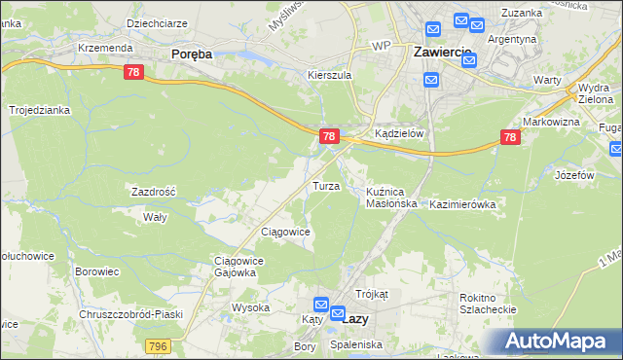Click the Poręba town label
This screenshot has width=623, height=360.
192,54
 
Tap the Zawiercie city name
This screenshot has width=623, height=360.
443,51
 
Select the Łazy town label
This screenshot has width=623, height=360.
356,317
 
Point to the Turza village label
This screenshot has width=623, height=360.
325,185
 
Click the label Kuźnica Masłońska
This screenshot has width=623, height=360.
391,198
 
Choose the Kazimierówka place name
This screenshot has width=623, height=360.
463,205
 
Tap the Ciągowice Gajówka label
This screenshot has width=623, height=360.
235,267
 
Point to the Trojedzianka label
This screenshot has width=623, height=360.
40,110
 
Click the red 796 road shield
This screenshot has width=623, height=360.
160,345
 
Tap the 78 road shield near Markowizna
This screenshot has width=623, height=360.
509,138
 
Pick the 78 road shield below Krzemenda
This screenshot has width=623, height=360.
134,72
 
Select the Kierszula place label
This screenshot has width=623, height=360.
328,75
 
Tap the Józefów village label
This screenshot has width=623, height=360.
574,175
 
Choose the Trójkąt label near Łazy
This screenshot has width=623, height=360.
372,293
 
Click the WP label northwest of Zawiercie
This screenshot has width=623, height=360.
381,46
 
